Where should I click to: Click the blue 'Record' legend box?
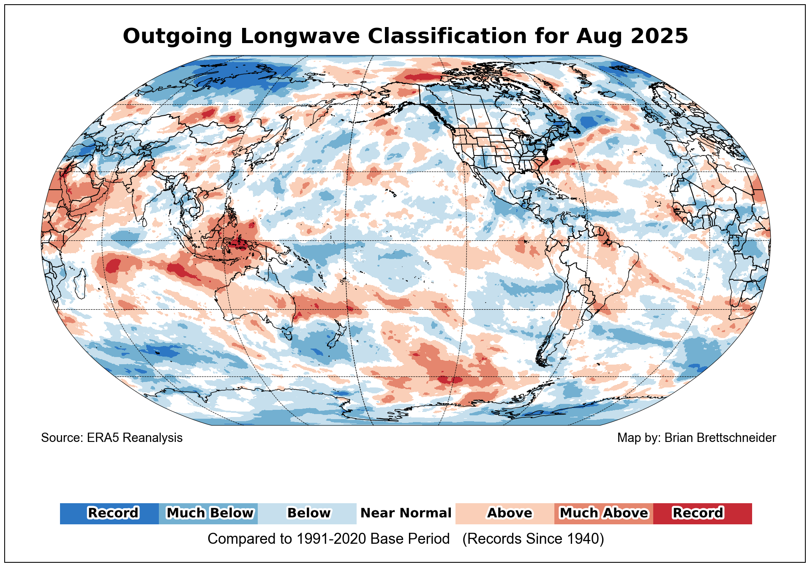(109, 513)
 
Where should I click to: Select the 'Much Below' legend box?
(208, 513)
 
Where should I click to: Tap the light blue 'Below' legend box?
(307, 513)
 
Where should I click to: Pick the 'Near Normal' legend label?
(406, 513)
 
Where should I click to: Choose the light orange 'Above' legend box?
(505, 513)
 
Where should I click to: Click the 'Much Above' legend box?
(604, 513)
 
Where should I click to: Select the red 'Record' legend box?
(703, 513)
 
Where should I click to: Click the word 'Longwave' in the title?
(300, 36)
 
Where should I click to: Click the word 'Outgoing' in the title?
(177, 36)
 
